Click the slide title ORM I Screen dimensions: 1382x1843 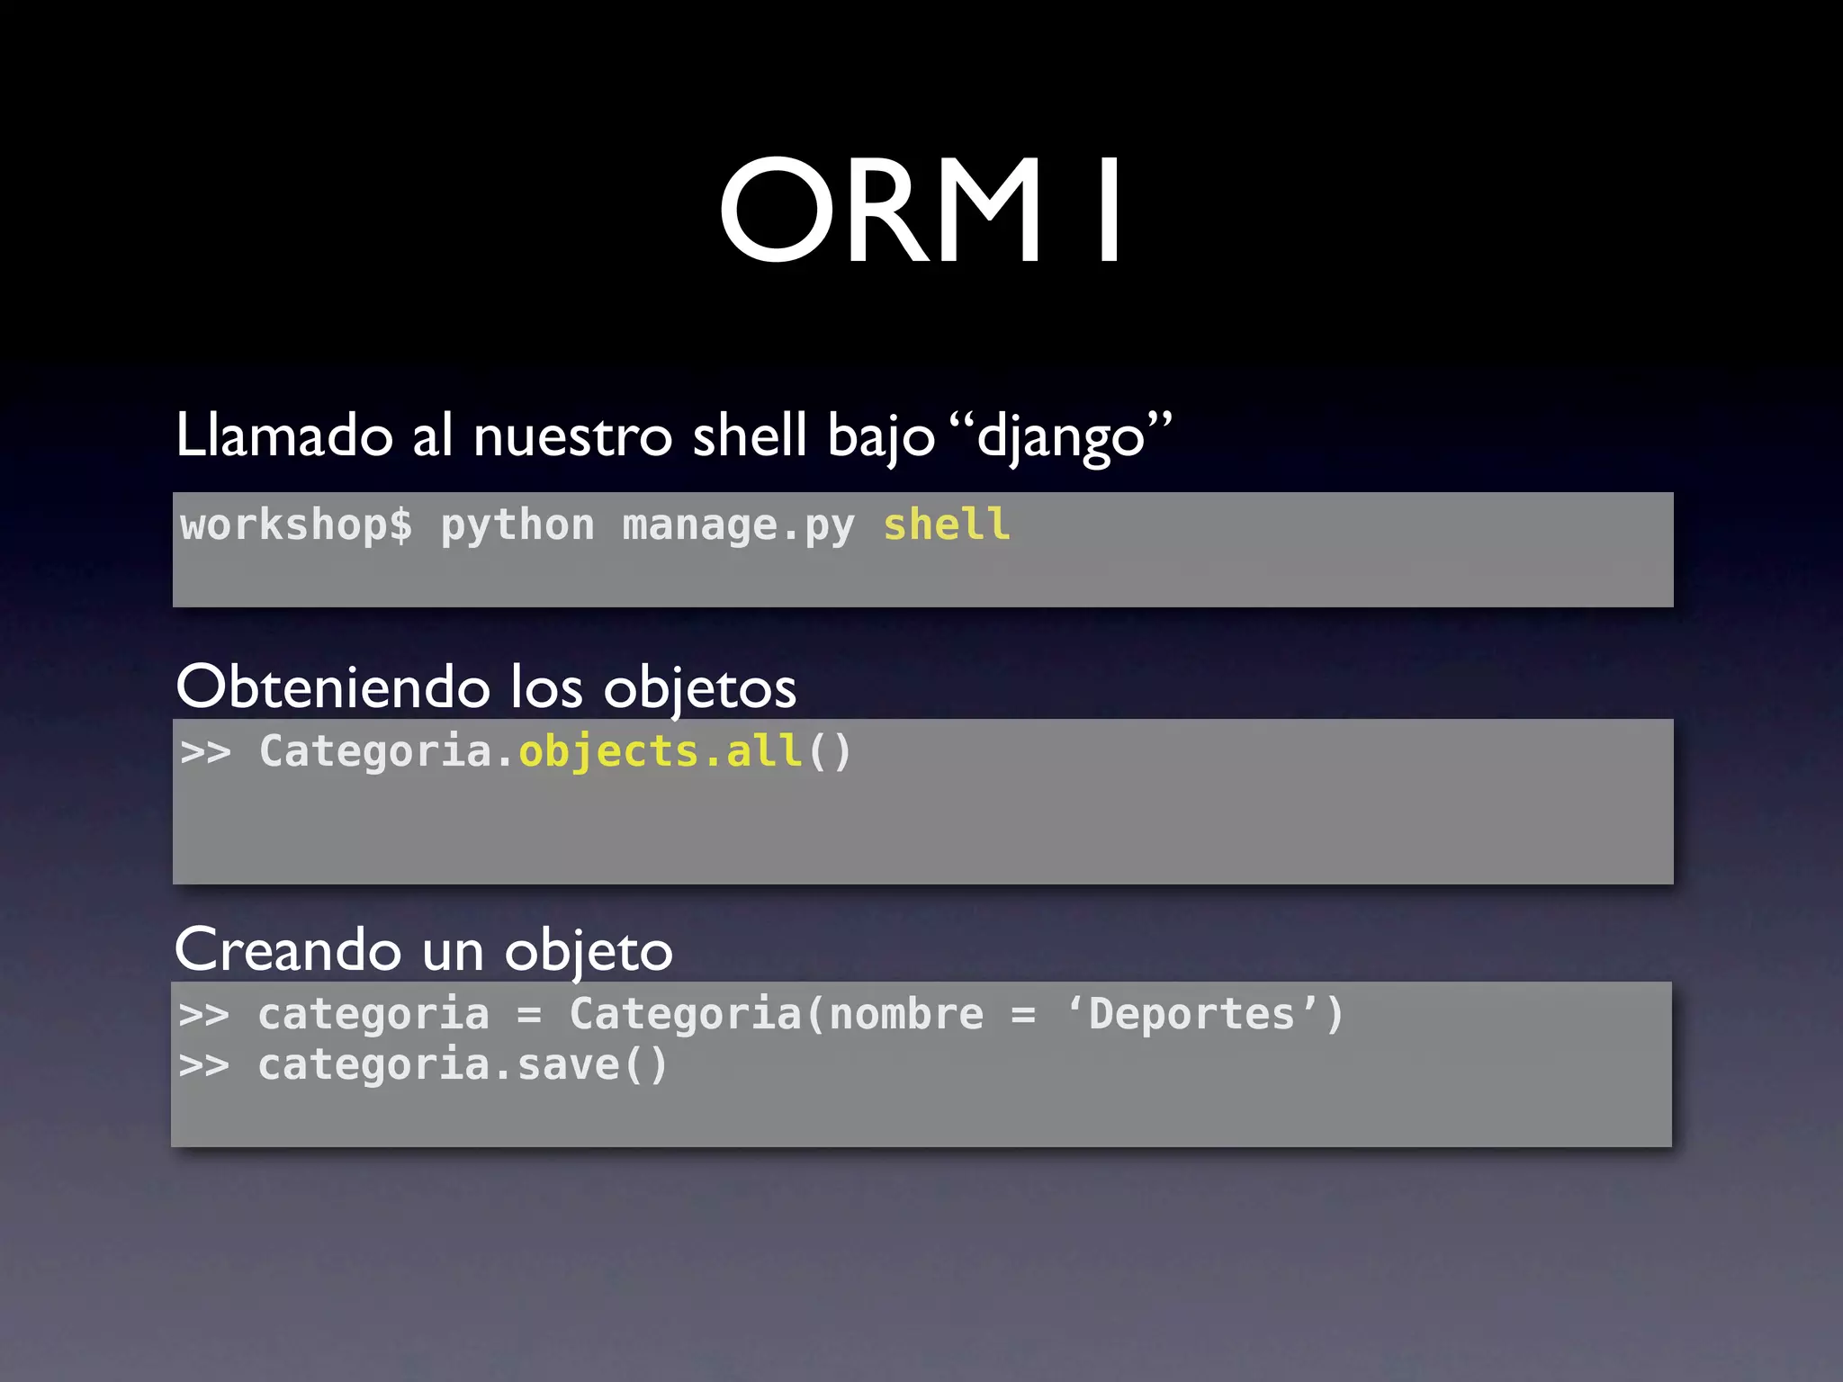(x=921, y=211)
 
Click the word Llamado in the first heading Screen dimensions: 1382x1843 (x=284, y=435)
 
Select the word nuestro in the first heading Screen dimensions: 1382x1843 (x=572, y=435)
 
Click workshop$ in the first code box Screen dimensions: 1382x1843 (x=296, y=525)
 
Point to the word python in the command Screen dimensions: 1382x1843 (x=517, y=525)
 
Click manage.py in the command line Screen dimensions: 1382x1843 (x=738, y=525)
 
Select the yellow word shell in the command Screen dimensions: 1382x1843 (x=947, y=525)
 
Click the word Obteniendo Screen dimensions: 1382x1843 (x=333, y=687)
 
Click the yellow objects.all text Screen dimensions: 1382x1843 (x=660, y=751)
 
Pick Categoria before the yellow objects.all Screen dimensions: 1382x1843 (x=375, y=751)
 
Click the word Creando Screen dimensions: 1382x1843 (x=288, y=950)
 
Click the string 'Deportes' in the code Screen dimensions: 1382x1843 (x=1191, y=1014)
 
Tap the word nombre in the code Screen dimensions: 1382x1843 (x=906, y=1014)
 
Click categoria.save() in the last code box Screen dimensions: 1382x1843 (x=463, y=1065)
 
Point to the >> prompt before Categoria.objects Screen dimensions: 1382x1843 (x=205, y=751)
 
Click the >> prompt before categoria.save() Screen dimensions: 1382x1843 (x=204, y=1065)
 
